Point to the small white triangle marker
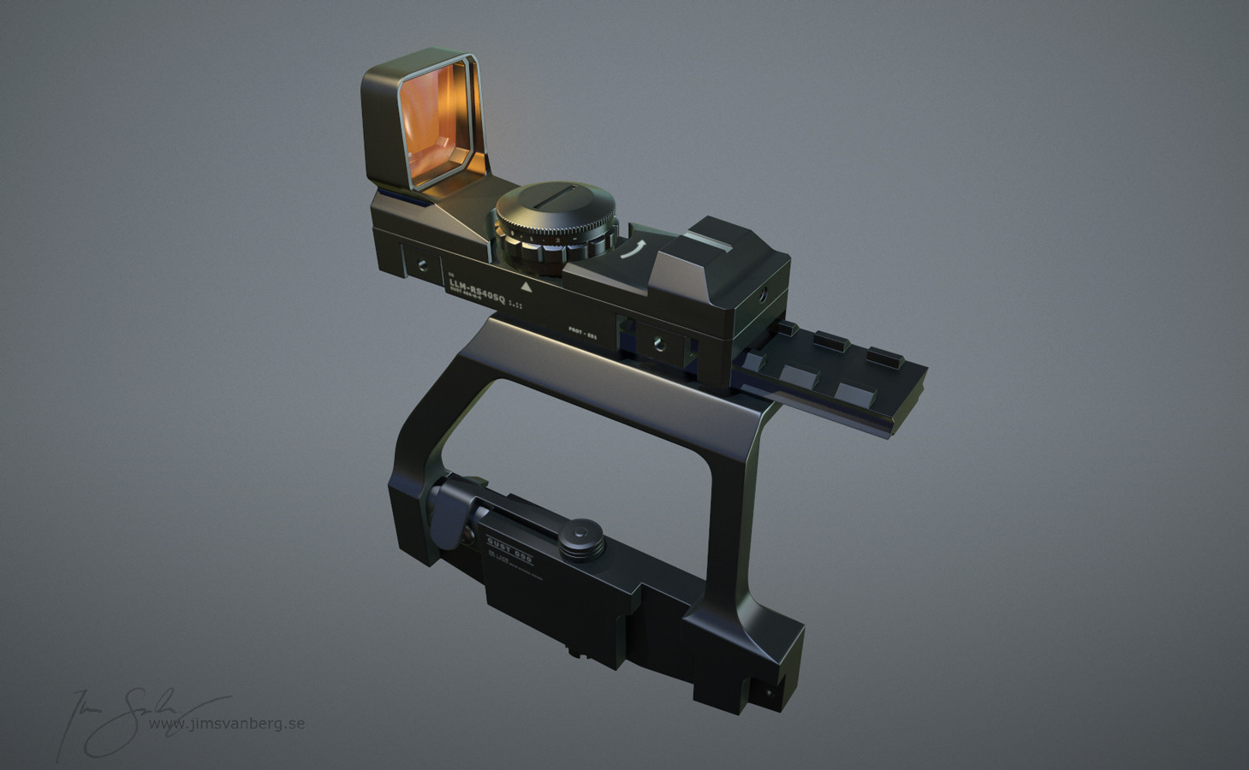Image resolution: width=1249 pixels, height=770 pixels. [525, 287]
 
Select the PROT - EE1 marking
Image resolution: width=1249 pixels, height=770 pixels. [581, 332]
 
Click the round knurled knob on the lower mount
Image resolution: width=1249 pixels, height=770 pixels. [580, 535]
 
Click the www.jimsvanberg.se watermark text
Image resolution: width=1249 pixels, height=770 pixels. [226, 723]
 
